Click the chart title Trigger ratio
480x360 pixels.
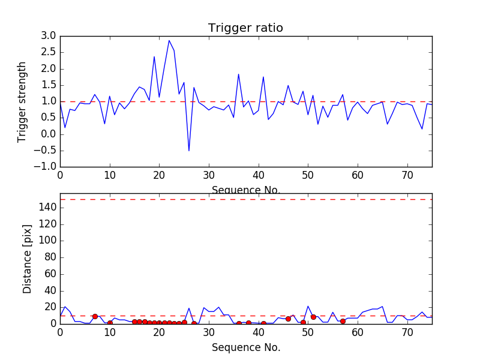tap(245, 28)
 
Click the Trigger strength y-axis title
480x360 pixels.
tap(23, 101)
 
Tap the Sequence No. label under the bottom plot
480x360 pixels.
tap(246, 347)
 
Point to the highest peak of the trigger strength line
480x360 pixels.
tap(169, 40)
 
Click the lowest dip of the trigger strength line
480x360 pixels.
tap(189, 151)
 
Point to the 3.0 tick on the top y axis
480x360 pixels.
tap(48, 36)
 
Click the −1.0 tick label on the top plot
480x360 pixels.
tap(45, 167)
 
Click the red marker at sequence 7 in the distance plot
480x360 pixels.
tap(95, 316)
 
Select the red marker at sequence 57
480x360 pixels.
tap(343, 321)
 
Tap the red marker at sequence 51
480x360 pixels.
tap(313, 317)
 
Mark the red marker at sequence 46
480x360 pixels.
tap(288, 319)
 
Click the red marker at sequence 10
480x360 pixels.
tap(110, 323)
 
